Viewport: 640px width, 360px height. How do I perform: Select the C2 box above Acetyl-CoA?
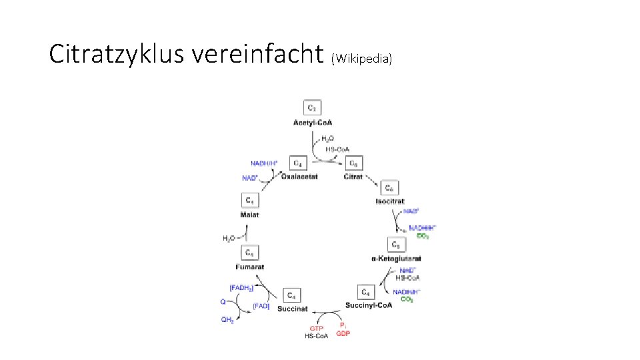click(x=313, y=107)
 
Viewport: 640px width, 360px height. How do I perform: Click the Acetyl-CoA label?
click(x=313, y=123)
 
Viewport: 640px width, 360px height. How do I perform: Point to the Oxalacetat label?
click(x=299, y=177)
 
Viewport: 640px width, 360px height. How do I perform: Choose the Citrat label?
click(x=353, y=177)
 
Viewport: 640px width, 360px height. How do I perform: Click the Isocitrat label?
click(x=390, y=201)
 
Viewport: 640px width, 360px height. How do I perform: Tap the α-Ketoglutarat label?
click(x=396, y=259)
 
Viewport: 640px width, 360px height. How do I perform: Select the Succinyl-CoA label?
click(x=369, y=306)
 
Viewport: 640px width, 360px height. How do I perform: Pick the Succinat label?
click(x=292, y=309)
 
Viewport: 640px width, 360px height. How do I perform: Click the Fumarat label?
click(x=249, y=267)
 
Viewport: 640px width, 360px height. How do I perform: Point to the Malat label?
click(x=249, y=215)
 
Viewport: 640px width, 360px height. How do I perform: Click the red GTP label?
click(x=316, y=328)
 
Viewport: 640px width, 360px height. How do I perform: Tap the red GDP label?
click(x=343, y=333)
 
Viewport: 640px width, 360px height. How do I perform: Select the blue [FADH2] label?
click(x=241, y=287)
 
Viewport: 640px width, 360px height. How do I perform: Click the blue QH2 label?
click(x=228, y=320)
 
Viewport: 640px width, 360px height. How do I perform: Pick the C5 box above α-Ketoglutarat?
click(x=396, y=245)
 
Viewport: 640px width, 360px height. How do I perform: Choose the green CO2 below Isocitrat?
click(x=423, y=236)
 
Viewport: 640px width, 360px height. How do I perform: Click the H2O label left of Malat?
click(x=229, y=238)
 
